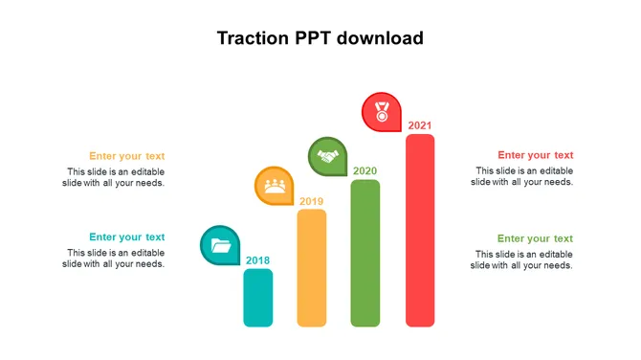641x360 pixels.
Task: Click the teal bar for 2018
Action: point(258,298)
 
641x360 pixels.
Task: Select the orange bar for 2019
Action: point(312,268)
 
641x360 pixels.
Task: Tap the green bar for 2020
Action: point(365,253)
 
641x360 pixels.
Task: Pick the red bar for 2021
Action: point(420,231)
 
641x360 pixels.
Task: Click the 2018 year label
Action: point(257,260)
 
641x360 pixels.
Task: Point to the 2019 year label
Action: point(311,201)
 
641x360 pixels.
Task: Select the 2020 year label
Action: point(365,171)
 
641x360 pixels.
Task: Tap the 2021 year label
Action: point(419,125)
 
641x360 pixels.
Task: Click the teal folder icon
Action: point(221,245)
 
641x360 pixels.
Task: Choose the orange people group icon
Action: point(275,186)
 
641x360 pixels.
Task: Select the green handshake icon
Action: point(328,156)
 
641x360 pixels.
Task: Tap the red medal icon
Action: point(382,112)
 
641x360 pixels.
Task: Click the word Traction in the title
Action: point(253,38)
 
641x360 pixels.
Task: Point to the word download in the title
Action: point(380,38)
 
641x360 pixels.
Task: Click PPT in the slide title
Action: point(313,38)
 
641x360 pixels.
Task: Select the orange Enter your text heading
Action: point(126,156)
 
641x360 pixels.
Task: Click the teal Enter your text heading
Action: point(126,237)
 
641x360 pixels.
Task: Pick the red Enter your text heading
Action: point(536,155)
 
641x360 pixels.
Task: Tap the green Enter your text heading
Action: point(535,239)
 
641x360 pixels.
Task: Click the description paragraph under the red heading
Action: point(522,176)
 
